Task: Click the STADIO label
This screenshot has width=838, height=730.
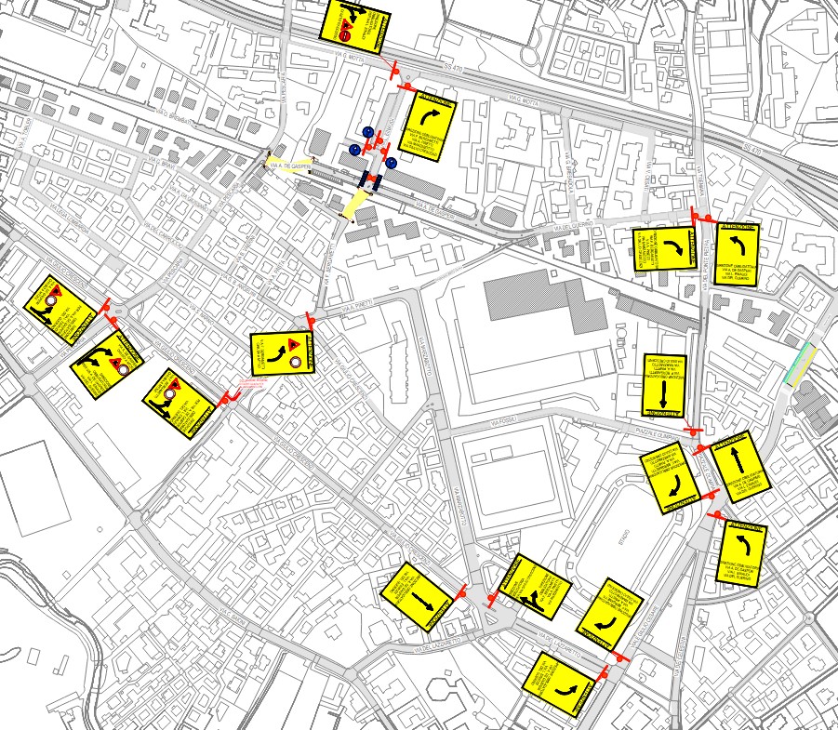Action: click(x=623, y=537)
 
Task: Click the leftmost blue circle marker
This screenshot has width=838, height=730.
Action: click(x=354, y=149)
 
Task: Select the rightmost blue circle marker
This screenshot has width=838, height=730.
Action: click(x=391, y=163)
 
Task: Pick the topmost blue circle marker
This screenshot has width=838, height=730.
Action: click(x=367, y=133)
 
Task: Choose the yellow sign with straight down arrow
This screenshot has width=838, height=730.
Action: click(x=664, y=384)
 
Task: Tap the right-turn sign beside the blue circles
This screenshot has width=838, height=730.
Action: click(x=427, y=126)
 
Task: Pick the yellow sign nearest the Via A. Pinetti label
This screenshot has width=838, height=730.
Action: click(x=283, y=353)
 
